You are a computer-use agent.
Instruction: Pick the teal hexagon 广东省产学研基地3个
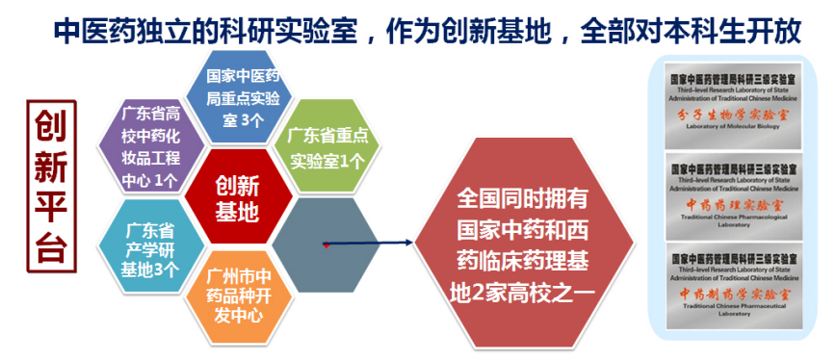[148, 248]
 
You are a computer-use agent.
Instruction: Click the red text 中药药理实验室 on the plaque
[735, 205]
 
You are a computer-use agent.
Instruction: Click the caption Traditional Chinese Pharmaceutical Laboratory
[735, 312]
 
